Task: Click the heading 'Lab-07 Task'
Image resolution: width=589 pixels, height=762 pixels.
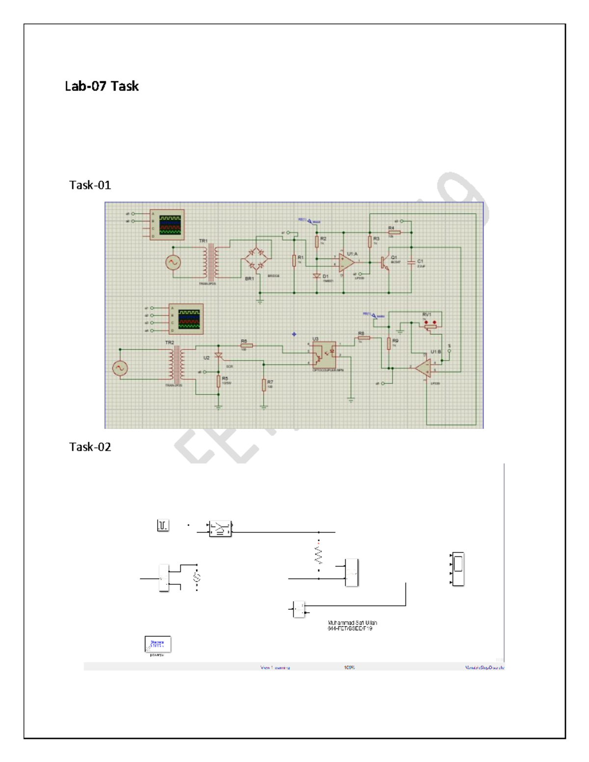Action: pyautogui.click(x=102, y=86)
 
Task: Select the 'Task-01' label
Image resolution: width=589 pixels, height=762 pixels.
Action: pyautogui.click(x=90, y=185)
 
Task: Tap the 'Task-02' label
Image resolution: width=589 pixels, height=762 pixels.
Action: pyautogui.click(x=90, y=447)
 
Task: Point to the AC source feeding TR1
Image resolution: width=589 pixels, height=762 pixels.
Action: pyautogui.click(x=173, y=263)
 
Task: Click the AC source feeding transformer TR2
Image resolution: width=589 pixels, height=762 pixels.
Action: pyautogui.click(x=120, y=368)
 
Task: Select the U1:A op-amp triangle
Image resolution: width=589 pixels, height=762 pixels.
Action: pyautogui.click(x=347, y=263)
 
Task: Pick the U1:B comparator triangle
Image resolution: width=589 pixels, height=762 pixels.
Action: pyautogui.click(x=423, y=368)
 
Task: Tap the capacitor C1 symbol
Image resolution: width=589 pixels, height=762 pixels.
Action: pyautogui.click(x=411, y=263)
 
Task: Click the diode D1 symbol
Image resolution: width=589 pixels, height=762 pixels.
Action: pyautogui.click(x=317, y=277)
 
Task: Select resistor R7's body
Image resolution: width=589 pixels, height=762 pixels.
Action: pyautogui.click(x=264, y=385)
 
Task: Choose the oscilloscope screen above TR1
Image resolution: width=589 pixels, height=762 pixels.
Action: pyautogui.click(x=170, y=225)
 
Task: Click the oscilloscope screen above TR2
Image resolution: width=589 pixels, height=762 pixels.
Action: pyautogui.click(x=189, y=319)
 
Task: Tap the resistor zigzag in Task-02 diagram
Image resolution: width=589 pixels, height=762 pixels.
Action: pyautogui.click(x=319, y=555)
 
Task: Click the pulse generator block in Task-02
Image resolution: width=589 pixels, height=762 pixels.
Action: pyautogui.click(x=163, y=526)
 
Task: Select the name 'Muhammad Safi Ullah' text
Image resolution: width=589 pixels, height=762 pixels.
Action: pyautogui.click(x=352, y=623)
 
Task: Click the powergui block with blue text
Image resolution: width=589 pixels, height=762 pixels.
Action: pyautogui.click(x=158, y=644)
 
